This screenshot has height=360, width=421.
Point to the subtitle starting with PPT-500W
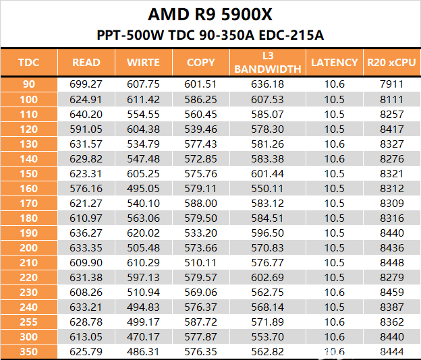(210, 35)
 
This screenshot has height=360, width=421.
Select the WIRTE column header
(143, 63)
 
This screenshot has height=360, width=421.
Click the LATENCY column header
(334, 63)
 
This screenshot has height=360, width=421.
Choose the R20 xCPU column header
(391, 63)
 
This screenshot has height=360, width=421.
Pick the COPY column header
(200, 63)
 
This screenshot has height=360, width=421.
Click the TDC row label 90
(28, 84)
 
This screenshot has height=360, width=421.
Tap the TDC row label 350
(28, 351)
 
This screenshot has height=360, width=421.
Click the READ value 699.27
(86, 84)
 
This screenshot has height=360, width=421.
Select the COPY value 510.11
(200, 262)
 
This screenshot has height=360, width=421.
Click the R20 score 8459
(391, 292)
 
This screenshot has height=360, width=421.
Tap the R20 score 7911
(391, 84)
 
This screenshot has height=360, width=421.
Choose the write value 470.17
(143, 336)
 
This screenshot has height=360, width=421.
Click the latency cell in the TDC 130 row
(334, 144)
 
